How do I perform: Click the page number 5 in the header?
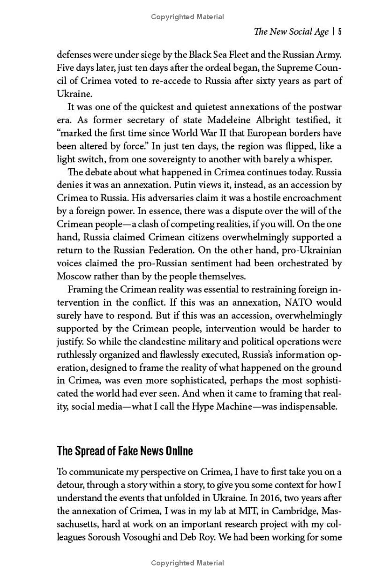click(339, 32)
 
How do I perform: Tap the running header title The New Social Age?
click(291, 32)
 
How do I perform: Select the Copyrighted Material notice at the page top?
click(187, 17)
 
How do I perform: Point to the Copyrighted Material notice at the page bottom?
click(187, 563)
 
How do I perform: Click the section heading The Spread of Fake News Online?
click(125, 451)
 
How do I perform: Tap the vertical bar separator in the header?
click(333, 32)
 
